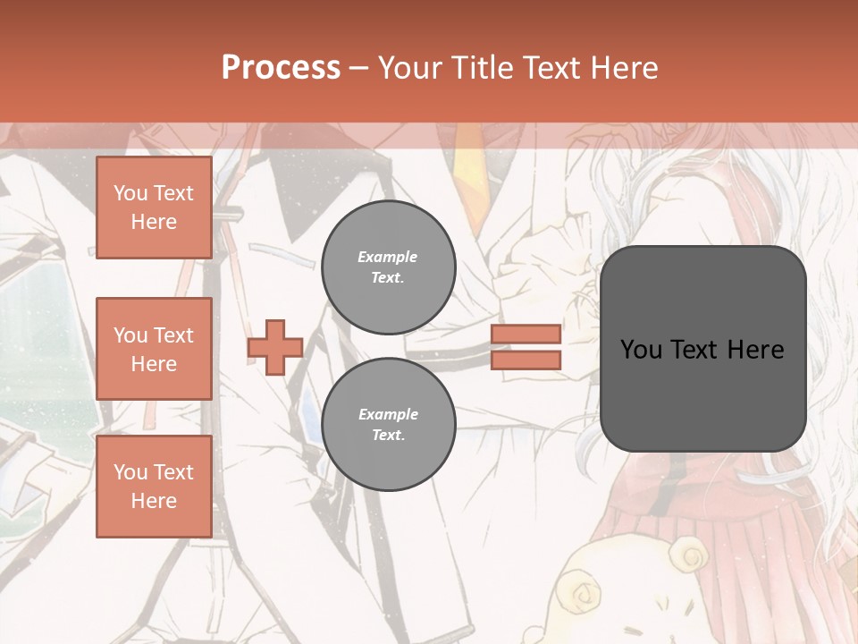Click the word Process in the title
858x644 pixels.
[x=281, y=68]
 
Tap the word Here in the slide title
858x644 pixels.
[x=623, y=68]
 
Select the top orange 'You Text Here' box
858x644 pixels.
[x=154, y=208]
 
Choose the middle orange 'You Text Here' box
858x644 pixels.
[x=154, y=349]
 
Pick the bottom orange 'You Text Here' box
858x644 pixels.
[x=154, y=486]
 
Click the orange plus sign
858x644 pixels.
[x=275, y=347]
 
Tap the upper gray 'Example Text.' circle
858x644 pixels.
[x=388, y=267]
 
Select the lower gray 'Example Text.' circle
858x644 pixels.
[x=388, y=424]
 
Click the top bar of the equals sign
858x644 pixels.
[x=526, y=334]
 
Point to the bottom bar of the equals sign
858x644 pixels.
[x=526, y=360]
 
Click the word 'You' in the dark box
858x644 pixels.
[x=641, y=349]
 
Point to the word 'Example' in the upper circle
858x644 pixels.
[x=388, y=257]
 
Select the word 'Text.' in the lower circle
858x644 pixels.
[x=388, y=435]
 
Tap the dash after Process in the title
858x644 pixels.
[x=358, y=68]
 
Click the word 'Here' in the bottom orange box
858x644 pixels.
[x=154, y=501]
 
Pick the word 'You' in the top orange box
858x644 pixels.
[x=130, y=193]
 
